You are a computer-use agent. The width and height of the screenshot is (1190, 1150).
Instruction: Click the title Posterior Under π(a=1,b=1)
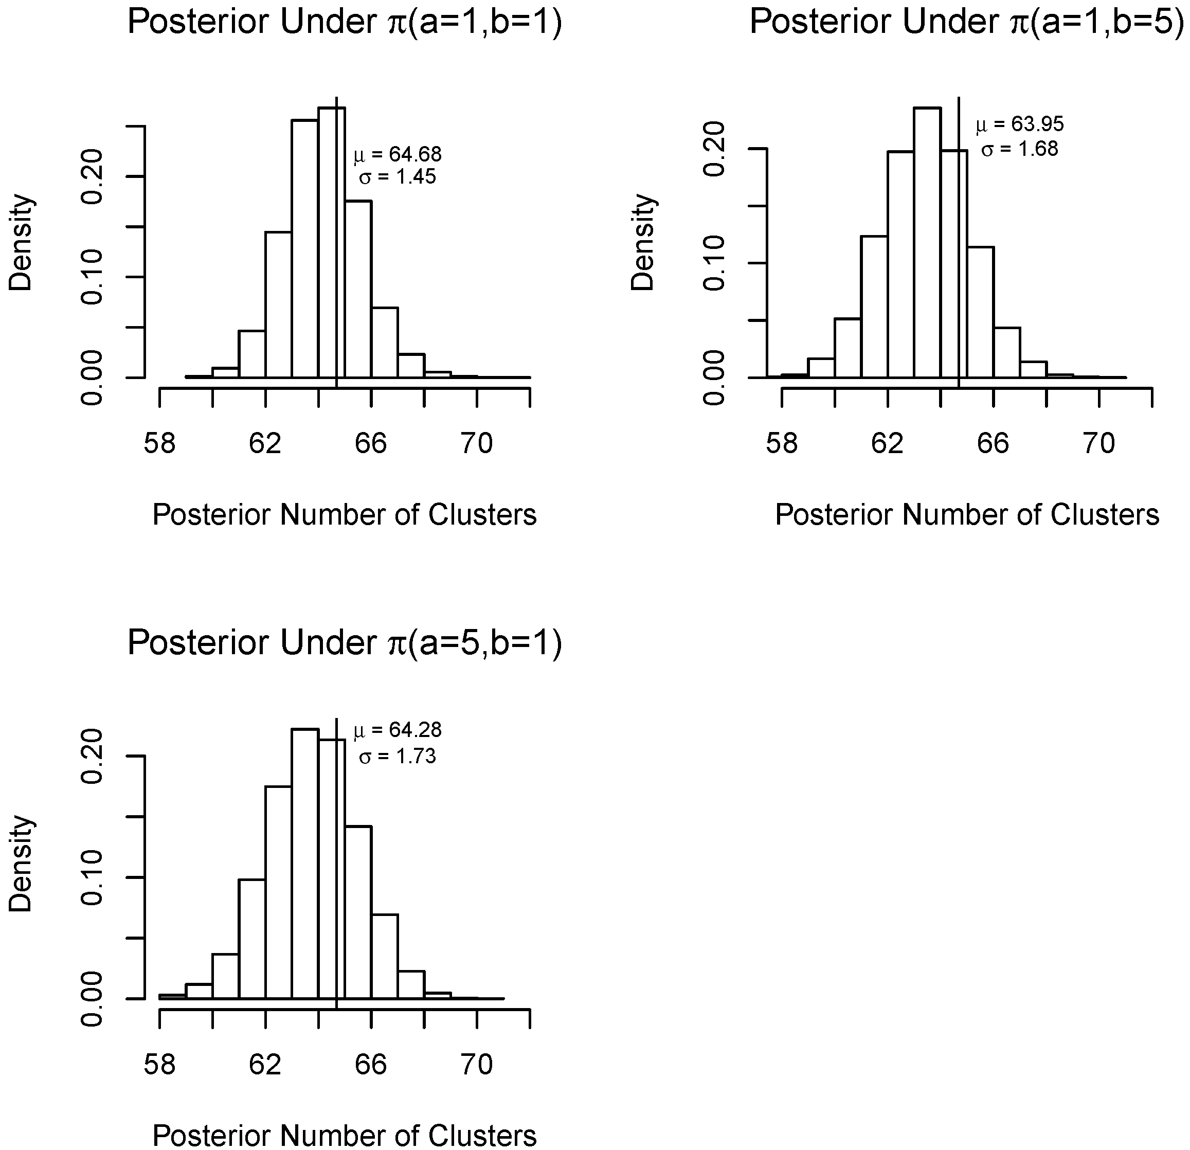coord(344,23)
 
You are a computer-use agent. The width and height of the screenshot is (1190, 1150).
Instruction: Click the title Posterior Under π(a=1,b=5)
coord(967,23)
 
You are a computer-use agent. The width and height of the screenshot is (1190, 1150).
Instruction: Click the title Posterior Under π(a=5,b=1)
coord(344,643)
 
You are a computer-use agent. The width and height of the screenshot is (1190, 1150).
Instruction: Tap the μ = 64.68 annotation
coord(398,155)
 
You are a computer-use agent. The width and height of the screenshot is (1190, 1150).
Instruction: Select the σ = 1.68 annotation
coord(1019,149)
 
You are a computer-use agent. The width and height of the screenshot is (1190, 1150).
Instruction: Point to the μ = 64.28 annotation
coord(398,730)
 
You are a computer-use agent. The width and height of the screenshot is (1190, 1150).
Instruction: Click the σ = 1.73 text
coord(398,757)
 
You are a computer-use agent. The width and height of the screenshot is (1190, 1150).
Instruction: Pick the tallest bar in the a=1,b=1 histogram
coord(332,243)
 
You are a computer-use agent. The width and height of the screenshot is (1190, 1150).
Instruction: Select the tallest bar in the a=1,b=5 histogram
coord(927,243)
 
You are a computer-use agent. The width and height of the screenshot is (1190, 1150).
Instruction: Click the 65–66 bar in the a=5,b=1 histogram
coord(358,911)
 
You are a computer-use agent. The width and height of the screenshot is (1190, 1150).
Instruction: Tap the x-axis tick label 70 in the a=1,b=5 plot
coord(1099,444)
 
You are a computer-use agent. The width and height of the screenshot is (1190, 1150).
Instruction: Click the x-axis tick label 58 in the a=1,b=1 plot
coord(160,444)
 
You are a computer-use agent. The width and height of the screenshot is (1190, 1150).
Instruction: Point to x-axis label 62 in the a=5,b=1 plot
coord(265,1065)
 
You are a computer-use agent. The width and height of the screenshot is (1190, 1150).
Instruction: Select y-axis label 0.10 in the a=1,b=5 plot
coord(715,263)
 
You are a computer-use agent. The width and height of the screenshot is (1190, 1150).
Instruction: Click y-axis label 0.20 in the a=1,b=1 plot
coord(94,176)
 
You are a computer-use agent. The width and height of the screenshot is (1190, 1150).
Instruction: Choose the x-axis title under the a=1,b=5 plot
coord(967,515)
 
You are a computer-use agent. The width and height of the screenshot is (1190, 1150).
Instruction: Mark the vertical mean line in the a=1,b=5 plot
coord(959,243)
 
